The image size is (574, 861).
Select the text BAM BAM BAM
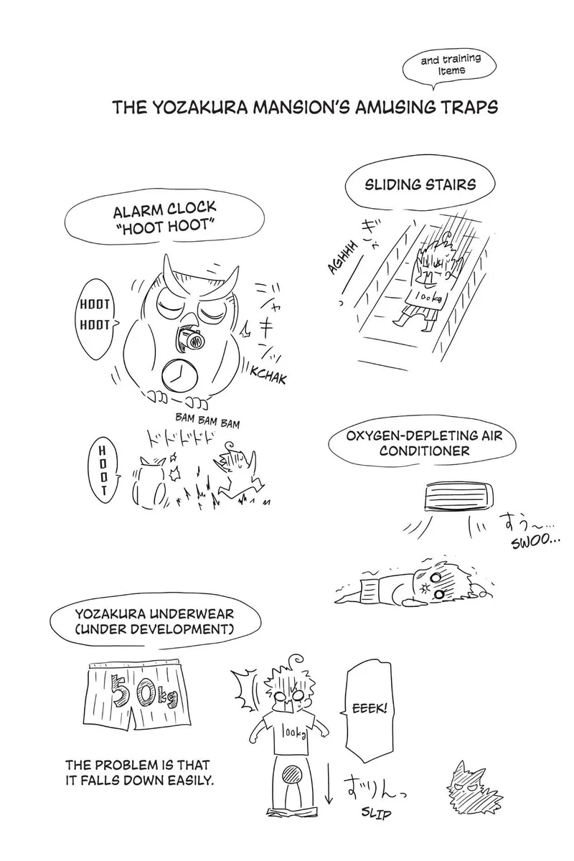click(207, 421)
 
